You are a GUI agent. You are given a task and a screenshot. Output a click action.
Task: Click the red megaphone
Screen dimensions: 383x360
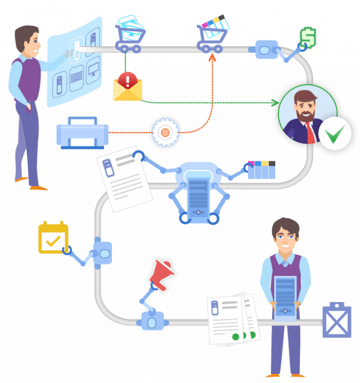(x=162, y=272)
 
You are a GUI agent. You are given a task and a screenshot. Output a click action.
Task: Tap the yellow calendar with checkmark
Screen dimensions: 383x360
(x=53, y=237)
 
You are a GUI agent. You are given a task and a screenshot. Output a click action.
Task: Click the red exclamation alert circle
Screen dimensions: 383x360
(x=128, y=80)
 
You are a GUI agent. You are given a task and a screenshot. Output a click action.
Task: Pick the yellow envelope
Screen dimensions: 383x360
(x=127, y=90)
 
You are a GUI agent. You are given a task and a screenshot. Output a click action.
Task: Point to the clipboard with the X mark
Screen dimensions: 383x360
(x=337, y=321)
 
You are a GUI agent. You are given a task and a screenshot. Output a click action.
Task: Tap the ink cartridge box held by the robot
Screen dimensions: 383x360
(x=262, y=169)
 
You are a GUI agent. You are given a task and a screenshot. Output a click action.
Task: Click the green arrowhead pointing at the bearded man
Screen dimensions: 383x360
(x=275, y=103)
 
